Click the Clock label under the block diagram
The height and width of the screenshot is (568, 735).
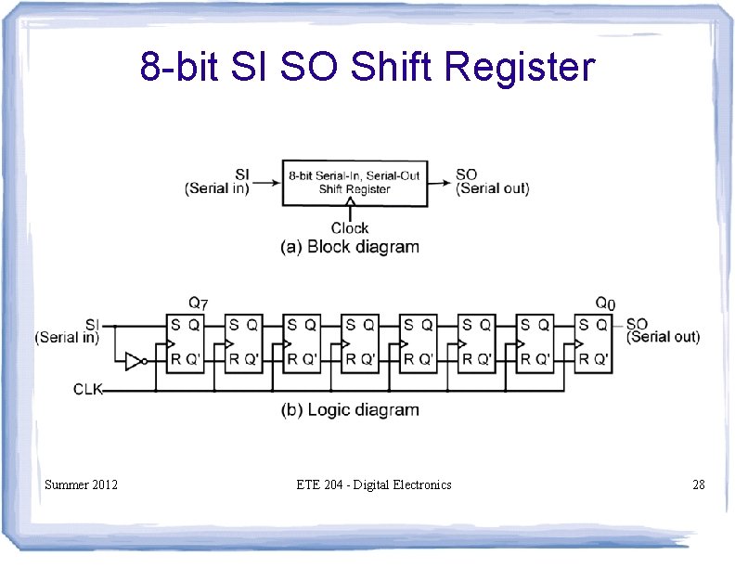point(350,227)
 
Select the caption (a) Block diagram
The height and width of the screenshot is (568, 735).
point(350,247)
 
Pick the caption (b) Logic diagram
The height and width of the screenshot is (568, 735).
point(350,409)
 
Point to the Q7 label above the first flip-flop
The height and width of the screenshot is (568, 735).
point(199,303)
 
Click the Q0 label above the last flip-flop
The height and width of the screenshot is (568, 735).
point(604,303)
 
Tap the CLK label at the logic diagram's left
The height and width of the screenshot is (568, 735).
point(89,389)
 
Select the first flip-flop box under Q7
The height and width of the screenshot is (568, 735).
point(185,342)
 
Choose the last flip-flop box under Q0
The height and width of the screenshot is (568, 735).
point(593,342)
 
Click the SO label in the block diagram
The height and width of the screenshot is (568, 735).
point(467,174)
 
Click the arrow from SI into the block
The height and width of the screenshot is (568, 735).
point(267,181)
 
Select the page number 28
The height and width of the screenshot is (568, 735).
point(699,484)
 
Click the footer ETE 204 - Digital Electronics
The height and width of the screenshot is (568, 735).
point(374,484)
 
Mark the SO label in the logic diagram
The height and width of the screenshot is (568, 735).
point(637,324)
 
